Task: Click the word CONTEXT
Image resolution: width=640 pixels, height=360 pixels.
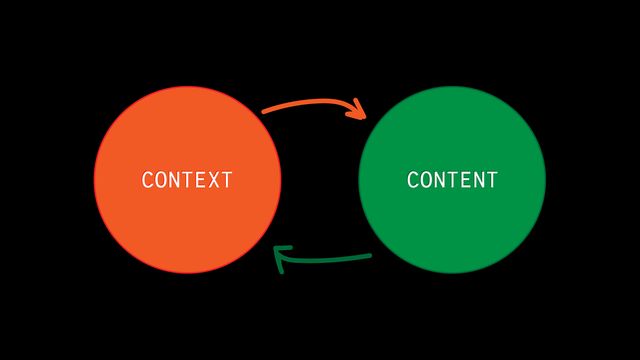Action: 187,181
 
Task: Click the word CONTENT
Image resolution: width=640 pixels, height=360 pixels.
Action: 452,181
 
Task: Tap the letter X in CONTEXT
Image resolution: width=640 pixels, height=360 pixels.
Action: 213,181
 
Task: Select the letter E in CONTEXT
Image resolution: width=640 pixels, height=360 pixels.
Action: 200,181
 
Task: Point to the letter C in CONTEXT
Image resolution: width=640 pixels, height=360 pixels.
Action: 147,181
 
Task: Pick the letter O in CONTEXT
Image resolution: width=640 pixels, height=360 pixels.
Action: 160,181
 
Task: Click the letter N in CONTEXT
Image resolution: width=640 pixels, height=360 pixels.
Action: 173,181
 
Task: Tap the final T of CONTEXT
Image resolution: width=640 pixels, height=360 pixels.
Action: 226,181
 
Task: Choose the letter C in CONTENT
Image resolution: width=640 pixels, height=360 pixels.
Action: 412,181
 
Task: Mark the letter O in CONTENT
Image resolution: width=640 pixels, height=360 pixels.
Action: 425,181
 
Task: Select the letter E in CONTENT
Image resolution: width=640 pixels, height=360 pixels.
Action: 465,181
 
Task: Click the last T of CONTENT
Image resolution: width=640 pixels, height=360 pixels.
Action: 491,181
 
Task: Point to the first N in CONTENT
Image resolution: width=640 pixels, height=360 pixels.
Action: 438,181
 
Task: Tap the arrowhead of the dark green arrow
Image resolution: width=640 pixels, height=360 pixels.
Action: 280,256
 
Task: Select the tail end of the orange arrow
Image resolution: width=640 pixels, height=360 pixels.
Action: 264,110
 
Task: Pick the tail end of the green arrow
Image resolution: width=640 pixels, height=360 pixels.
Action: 370,257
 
